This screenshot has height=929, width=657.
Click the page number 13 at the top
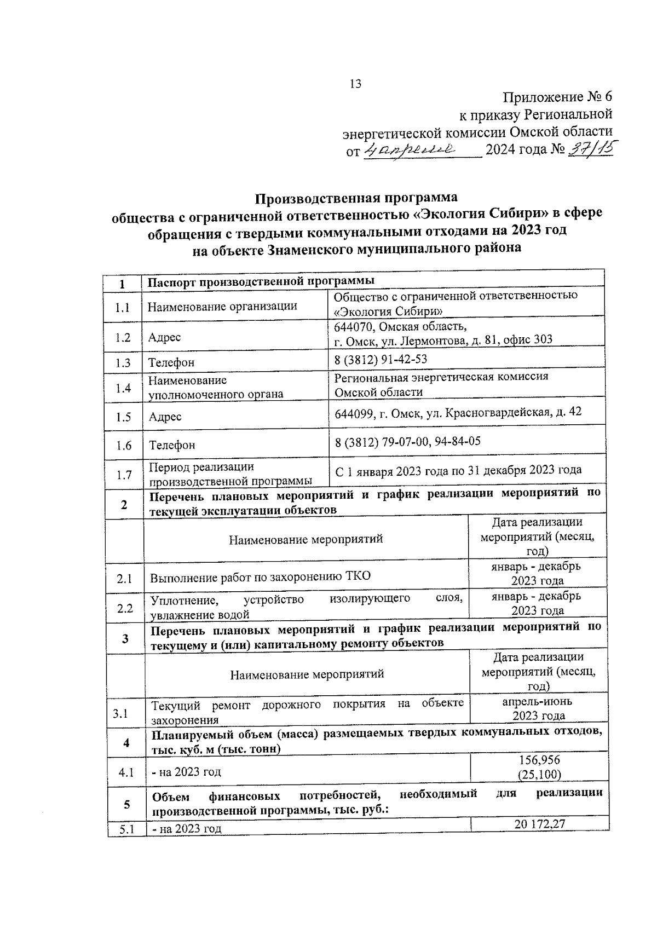click(355, 84)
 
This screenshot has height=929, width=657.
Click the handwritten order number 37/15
click(591, 148)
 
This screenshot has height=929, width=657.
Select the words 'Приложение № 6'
click(557, 97)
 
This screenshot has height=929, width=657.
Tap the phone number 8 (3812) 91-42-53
click(381, 359)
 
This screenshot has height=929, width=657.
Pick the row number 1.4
click(123, 388)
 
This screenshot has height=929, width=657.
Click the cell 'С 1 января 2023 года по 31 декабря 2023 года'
click(458, 470)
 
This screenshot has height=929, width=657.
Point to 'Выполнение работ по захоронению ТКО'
click(261, 576)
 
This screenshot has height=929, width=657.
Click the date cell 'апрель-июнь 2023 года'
click(538, 708)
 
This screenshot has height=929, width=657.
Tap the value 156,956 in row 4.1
click(539, 760)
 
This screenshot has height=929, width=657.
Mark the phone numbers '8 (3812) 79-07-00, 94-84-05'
click(408, 441)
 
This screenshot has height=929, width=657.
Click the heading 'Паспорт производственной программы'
click(262, 281)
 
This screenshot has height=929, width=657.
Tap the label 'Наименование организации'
click(223, 306)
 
